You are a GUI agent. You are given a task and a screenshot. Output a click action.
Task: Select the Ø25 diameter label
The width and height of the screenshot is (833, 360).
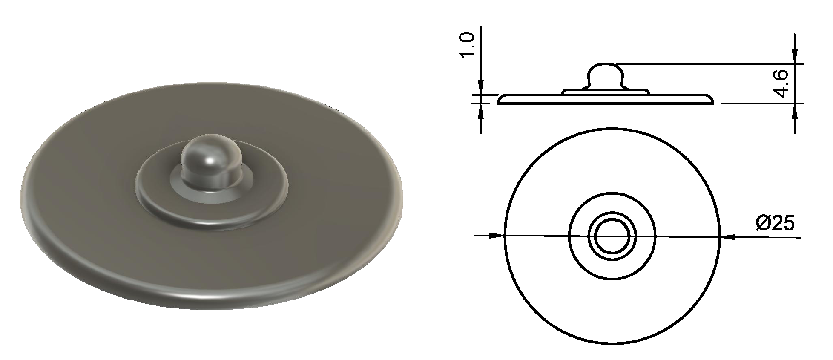click(x=775, y=223)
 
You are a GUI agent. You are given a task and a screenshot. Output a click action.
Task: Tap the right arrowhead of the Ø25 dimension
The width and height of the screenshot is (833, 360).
click(x=727, y=237)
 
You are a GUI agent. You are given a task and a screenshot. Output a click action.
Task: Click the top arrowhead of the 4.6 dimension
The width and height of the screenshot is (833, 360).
click(x=794, y=57)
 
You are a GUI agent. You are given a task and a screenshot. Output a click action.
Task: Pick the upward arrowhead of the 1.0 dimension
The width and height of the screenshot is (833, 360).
click(x=481, y=112)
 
